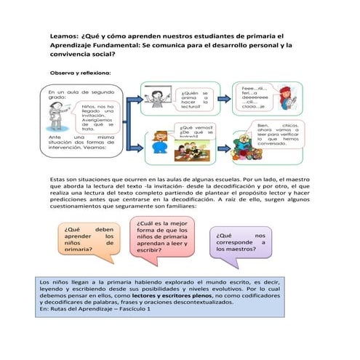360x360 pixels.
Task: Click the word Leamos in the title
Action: [64, 33]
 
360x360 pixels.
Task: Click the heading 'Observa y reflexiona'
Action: [79, 73]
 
